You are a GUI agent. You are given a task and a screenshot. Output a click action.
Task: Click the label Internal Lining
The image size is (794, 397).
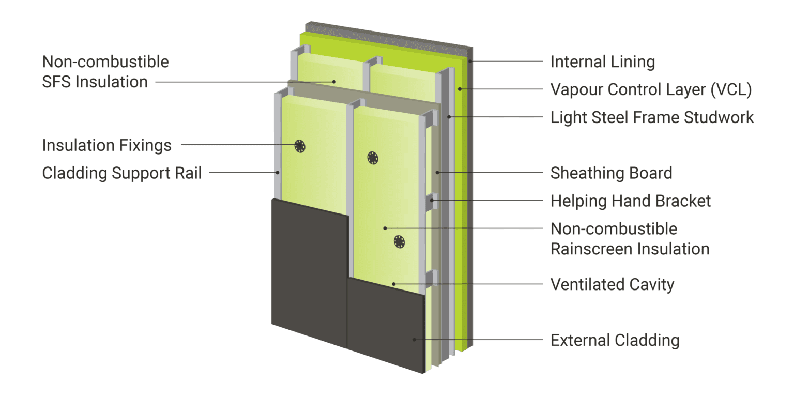click(603, 62)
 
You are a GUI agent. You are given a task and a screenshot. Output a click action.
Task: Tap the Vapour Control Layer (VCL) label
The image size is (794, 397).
click(651, 89)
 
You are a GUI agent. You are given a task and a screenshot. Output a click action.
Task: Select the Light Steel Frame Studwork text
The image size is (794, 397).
click(652, 117)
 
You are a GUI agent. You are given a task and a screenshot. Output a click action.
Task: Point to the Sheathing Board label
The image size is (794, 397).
click(612, 173)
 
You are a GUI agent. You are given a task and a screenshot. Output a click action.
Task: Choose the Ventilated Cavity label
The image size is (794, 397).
click(613, 285)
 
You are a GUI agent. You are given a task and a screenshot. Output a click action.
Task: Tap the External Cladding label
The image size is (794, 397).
click(615, 340)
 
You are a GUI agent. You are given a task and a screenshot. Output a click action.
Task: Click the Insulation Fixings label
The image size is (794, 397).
click(106, 145)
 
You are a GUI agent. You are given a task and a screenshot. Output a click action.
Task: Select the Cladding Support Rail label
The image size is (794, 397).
click(122, 173)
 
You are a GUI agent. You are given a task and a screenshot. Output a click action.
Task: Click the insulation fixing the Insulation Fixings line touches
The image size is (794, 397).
click(300, 146)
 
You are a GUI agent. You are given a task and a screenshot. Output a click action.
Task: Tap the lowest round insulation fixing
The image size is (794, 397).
click(400, 242)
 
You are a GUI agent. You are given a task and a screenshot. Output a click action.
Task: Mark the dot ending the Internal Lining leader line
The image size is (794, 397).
click(470, 62)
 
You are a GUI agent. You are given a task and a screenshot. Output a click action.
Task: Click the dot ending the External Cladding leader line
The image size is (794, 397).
click(414, 340)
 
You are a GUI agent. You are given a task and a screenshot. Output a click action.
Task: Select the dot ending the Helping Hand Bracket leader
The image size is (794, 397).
click(432, 201)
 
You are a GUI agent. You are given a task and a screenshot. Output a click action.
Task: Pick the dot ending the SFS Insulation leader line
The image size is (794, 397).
click(334, 82)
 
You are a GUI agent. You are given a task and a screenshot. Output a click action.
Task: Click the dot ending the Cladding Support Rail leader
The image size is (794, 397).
click(278, 173)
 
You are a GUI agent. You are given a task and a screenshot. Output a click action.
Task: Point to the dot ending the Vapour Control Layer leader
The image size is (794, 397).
click(460, 89)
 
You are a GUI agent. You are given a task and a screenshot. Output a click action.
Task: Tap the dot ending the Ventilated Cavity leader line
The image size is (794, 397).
click(393, 284)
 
